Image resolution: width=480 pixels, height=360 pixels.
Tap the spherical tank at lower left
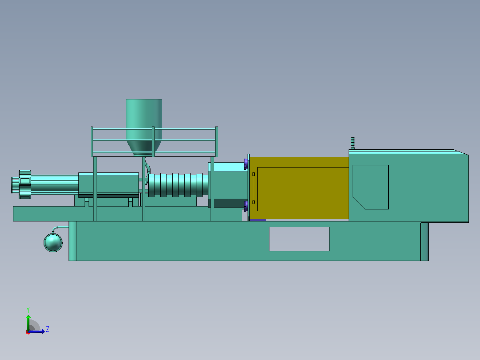click(53, 243)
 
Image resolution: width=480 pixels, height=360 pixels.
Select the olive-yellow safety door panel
click(299, 188)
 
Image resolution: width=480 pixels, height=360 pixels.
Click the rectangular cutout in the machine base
click(299, 239)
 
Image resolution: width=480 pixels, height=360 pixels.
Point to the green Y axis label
click(28, 310)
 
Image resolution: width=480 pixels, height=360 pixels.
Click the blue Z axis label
click(48, 329)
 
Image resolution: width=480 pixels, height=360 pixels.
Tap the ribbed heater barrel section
click(178, 185)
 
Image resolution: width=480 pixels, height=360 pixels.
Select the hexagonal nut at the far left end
click(25, 184)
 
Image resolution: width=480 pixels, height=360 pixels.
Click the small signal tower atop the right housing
click(353, 143)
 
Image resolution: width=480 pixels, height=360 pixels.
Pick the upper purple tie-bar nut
click(246, 164)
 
